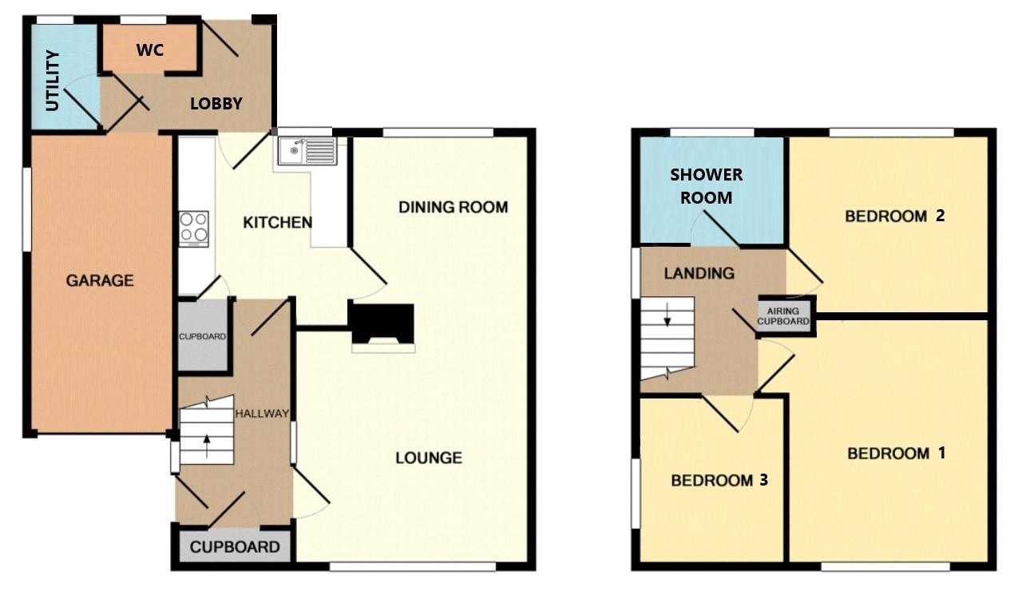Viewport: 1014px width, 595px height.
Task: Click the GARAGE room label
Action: pos(100,280)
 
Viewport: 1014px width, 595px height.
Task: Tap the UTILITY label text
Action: pos(53,81)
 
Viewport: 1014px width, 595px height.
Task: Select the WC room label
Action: pos(149,50)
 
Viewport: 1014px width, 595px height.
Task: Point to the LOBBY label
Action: pos(216,104)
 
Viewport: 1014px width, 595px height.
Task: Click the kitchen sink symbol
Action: pos(307,150)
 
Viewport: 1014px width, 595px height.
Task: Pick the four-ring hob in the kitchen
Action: pos(194,226)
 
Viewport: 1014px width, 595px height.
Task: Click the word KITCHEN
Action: pos(277,222)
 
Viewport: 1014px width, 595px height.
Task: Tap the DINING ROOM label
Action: pos(454,208)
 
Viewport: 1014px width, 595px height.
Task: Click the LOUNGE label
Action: pos(429,458)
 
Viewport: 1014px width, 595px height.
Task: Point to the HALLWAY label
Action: pos(261,413)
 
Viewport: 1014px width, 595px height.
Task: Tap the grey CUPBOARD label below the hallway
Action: pos(235,547)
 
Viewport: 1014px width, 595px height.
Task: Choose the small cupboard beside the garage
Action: pos(202,336)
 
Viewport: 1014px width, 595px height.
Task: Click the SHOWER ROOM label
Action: pos(706,185)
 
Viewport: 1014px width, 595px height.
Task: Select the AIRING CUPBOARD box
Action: pos(784,315)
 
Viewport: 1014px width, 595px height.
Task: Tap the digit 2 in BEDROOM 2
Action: pos(941,215)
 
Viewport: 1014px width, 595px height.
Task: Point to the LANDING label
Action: pos(699,273)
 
